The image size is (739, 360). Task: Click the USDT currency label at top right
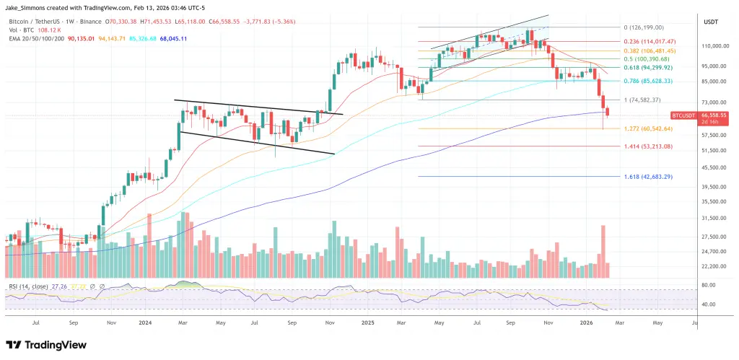(x=710, y=22)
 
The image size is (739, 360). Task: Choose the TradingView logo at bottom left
(x=46, y=346)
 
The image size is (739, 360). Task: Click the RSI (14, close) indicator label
(x=30, y=286)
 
